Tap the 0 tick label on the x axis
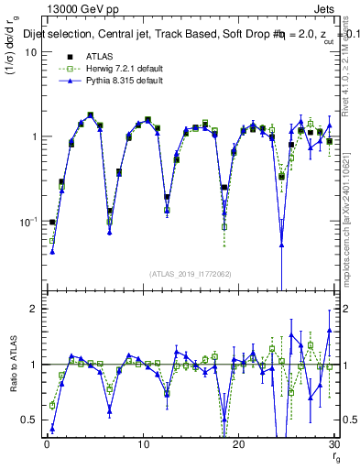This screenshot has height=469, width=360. click(x=47, y=444)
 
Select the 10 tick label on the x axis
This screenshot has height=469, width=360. click(x=142, y=444)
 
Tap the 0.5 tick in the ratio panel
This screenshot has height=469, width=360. click(x=29, y=420)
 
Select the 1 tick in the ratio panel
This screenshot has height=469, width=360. click(x=33, y=365)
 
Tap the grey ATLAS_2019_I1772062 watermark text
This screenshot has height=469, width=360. click(x=190, y=274)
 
